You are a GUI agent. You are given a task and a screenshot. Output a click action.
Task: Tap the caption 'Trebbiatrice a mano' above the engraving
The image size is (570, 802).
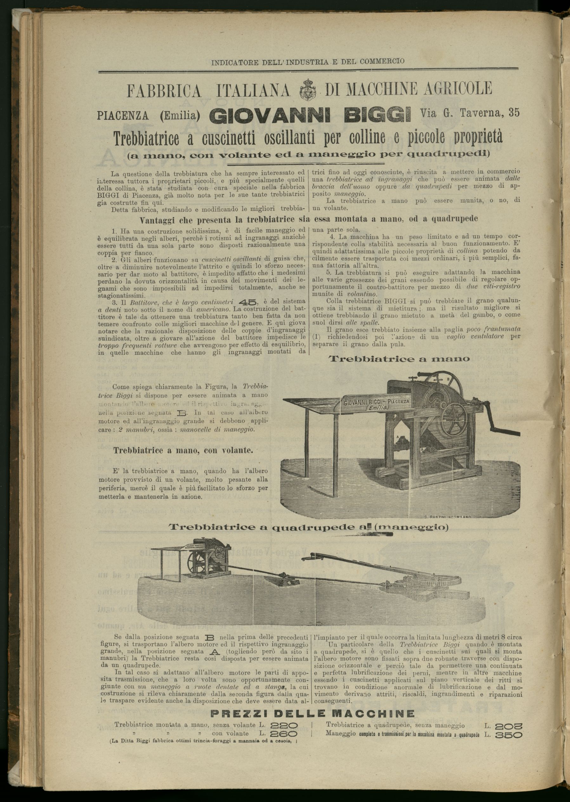(399, 358)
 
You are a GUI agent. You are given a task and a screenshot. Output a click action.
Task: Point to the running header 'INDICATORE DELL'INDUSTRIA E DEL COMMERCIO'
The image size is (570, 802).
(307, 61)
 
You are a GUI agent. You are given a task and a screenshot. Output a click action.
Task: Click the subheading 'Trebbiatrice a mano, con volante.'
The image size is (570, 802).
(183, 450)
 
